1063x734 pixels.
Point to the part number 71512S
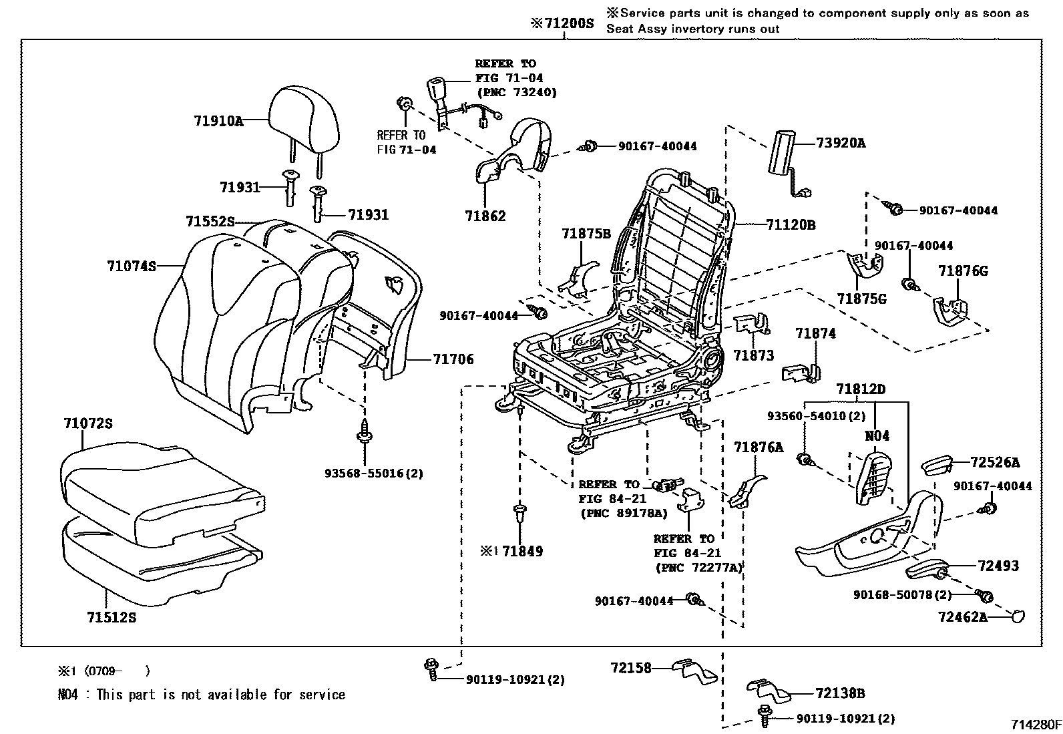click(111, 618)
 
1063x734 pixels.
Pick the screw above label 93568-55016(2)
click(365, 431)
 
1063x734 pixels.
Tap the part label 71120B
click(790, 225)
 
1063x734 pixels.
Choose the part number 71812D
click(861, 389)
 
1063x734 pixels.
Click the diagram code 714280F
click(1034, 725)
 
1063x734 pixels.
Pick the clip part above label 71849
click(519, 514)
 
